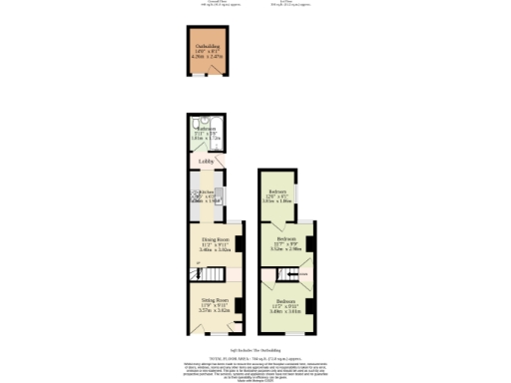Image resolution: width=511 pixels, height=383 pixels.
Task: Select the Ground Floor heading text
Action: [207, 3]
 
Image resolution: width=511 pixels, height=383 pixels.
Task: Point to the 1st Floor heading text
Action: [285, 3]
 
